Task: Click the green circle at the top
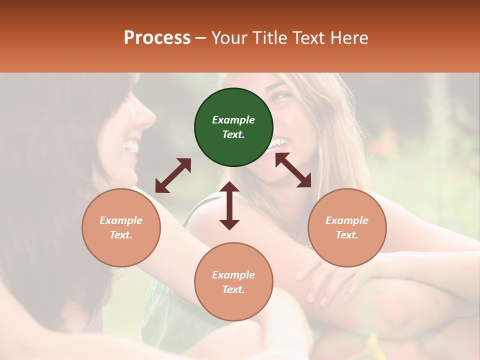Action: click(233, 127)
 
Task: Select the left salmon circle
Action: click(121, 227)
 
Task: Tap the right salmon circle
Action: click(347, 227)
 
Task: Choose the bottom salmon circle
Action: click(233, 282)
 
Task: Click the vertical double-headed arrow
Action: click(229, 205)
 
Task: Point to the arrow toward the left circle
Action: click(173, 175)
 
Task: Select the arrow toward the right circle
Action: click(293, 170)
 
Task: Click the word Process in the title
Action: click(157, 38)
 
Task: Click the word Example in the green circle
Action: click(233, 120)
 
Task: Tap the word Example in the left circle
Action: click(121, 220)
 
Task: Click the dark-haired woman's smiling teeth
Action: click(132, 146)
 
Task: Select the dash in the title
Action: click(200, 38)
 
